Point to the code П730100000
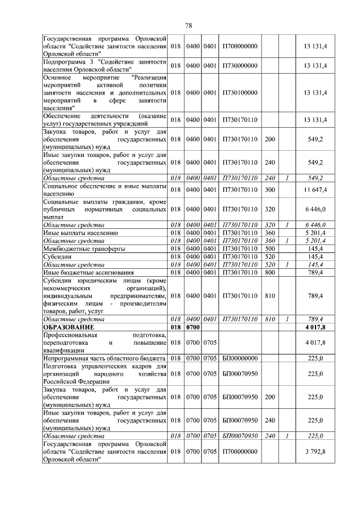click(240, 92)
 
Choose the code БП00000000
click(240, 358)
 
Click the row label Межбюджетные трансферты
click(84, 248)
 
